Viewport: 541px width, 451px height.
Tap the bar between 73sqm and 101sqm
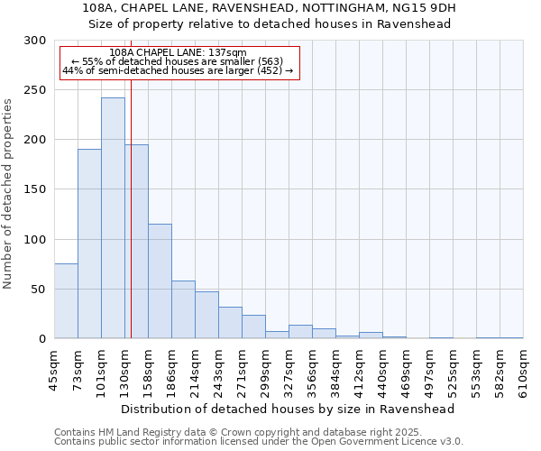click(x=89, y=244)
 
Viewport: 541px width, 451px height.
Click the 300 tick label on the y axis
click(x=35, y=41)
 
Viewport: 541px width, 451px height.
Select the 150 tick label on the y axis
click(x=35, y=189)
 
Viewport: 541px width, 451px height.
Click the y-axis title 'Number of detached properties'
click(x=8, y=194)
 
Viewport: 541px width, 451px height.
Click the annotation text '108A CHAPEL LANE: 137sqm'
click(x=177, y=52)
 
